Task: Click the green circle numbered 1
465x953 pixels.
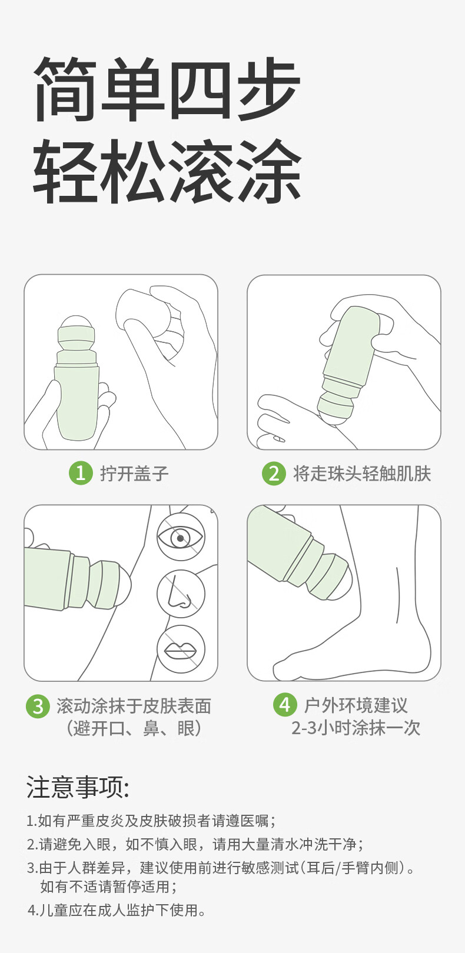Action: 81,472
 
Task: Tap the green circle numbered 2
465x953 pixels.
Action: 274,473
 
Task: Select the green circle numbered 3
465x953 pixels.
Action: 38,707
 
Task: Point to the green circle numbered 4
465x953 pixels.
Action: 285,704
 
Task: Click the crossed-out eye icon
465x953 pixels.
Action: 181,537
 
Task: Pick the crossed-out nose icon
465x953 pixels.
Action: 181,594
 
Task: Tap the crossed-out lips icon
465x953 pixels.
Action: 181,649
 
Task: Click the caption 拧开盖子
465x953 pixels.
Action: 135,474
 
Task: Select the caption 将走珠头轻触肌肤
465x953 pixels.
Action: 362,474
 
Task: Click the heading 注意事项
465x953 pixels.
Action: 78,787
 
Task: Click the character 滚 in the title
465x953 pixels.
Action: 200,170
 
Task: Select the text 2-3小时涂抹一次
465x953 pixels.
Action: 356,728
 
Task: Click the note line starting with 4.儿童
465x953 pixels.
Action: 117,910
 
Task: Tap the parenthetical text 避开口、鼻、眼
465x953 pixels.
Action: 134,728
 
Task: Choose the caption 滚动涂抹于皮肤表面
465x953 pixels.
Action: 134,707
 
